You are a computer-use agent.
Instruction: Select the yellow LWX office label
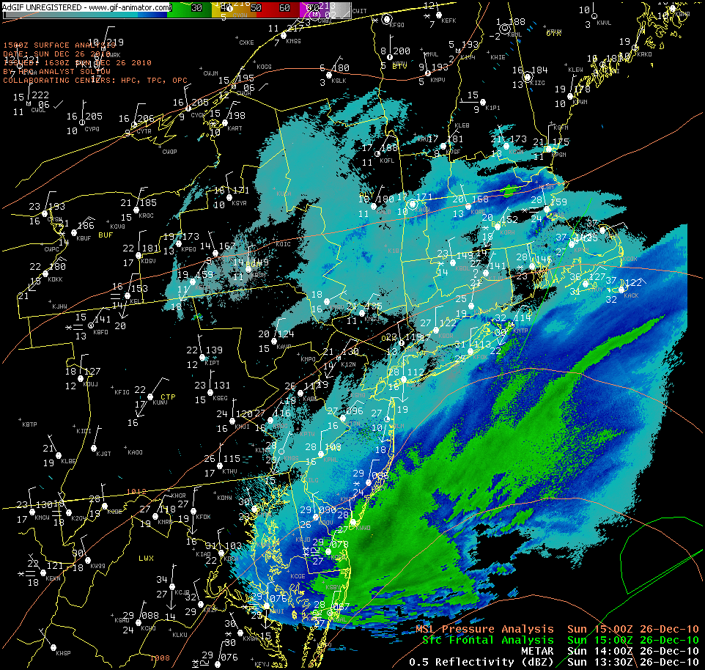(147, 559)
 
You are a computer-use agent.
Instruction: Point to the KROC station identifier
(147, 216)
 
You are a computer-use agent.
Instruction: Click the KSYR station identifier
(239, 203)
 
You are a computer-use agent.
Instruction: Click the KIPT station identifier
(213, 363)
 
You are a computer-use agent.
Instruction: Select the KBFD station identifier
(100, 332)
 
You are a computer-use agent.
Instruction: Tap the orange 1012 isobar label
(136, 492)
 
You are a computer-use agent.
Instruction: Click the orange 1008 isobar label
(160, 658)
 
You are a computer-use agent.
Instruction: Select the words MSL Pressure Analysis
(484, 629)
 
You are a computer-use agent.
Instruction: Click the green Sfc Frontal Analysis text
(488, 640)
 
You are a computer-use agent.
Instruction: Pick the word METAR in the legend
(537, 651)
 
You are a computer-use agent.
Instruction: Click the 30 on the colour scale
(196, 8)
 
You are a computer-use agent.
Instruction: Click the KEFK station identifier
(449, 21)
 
